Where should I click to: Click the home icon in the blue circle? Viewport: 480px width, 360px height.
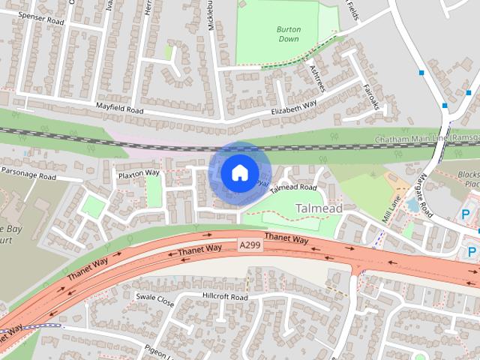pyautogui.click(x=238, y=172)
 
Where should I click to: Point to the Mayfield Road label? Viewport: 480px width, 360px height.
pyautogui.click(x=119, y=109)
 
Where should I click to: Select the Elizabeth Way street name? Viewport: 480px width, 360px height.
pyautogui.click(x=293, y=109)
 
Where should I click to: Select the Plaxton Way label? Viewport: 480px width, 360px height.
pyautogui.click(x=139, y=173)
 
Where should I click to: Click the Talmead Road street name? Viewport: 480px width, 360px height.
pyautogui.click(x=293, y=187)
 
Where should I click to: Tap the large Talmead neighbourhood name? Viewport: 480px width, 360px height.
pyautogui.click(x=319, y=207)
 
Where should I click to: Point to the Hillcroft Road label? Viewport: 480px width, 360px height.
pyautogui.click(x=225, y=297)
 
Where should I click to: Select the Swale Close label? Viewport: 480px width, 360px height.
pyautogui.click(x=154, y=299)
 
